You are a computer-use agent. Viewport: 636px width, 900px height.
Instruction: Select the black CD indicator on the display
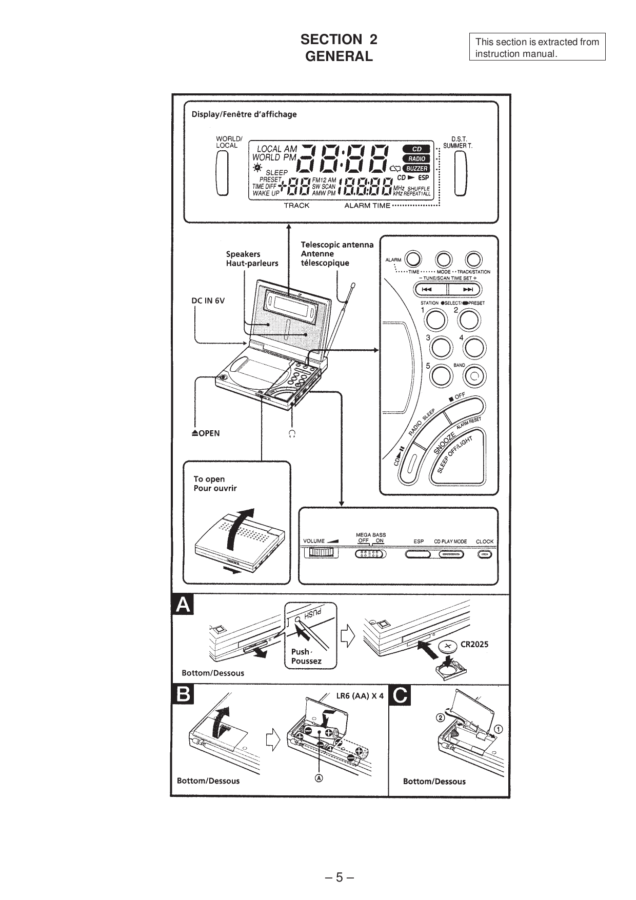[x=416, y=149]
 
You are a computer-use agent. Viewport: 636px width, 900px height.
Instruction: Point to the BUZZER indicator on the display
[x=416, y=168]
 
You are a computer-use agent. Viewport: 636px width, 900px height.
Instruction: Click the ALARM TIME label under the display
[x=367, y=206]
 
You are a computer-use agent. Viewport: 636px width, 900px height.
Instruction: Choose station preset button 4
[x=474, y=348]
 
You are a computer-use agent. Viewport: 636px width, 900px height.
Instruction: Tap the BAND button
[x=474, y=376]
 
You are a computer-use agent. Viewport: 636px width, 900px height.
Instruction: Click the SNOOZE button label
[x=444, y=442]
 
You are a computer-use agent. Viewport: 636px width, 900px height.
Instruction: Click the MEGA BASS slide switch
[x=370, y=554]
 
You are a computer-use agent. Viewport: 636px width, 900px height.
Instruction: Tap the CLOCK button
[x=484, y=554]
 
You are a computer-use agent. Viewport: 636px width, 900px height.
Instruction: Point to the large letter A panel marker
[x=183, y=605]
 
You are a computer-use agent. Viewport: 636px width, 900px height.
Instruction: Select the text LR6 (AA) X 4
[x=360, y=696]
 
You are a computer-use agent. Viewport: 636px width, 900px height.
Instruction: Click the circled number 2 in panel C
[x=440, y=717]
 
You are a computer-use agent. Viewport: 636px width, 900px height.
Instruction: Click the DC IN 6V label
[x=208, y=301]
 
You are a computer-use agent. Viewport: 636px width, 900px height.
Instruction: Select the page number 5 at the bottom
[x=339, y=877]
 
